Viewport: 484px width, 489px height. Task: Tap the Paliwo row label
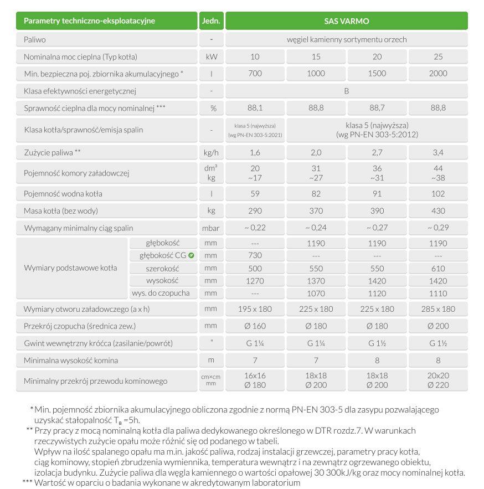click(x=35, y=40)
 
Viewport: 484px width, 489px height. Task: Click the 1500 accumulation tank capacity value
click(x=377, y=74)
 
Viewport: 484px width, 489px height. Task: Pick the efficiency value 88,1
click(x=255, y=108)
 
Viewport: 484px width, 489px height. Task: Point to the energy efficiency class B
click(x=346, y=91)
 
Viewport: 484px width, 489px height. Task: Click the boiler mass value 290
click(x=255, y=210)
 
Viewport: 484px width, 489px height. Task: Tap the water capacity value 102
click(x=437, y=194)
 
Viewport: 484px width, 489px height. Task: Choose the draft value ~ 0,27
click(x=377, y=228)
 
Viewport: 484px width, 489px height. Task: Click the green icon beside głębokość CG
click(x=191, y=255)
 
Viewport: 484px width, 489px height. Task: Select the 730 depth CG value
click(x=255, y=255)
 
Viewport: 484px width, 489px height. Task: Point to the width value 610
click(x=437, y=268)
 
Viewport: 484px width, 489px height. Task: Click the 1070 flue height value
click(x=316, y=293)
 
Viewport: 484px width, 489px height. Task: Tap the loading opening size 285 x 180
click(x=437, y=309)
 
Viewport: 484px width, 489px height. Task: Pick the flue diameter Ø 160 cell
click(x=255, y=326)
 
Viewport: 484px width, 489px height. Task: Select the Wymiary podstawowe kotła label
click(x=70, y=268)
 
